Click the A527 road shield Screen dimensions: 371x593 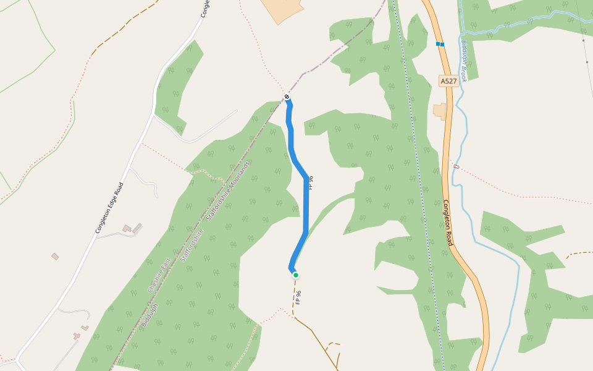tap(449, 82)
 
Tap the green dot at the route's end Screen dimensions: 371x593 tap(296, 275)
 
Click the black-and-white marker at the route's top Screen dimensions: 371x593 tap(287, 96)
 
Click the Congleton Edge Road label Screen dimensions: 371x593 tap(109, 208)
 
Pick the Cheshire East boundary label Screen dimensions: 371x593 tap(158, 276)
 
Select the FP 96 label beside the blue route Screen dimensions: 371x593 tap(311, 182)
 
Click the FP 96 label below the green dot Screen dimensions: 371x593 tap(298, 297)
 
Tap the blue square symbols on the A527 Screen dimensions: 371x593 tap(440, 44)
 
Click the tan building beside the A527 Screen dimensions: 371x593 tap(440, 111)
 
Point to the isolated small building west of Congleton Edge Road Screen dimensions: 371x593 tap(55, 256)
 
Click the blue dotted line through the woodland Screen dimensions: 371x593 tap(420, 185)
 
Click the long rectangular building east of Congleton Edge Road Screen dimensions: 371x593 tap(137, 228)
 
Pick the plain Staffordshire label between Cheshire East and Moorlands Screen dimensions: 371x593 tap(193, 245)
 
